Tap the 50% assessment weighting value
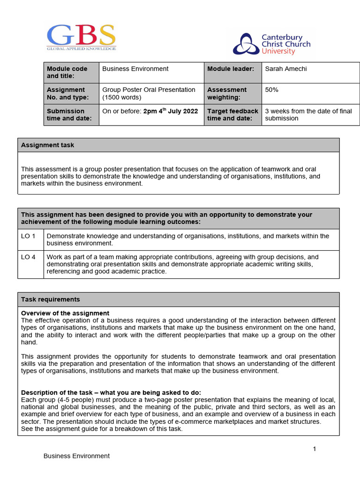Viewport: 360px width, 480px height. (x=272, y=90)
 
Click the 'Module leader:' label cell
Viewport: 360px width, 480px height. (x=231, y=69)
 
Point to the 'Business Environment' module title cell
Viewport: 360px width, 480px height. (x=135, y=69)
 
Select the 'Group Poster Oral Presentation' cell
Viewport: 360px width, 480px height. (x=149, y=93)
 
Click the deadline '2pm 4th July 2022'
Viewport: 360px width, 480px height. (x=171, y=112)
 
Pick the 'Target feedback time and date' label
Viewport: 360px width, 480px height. (x=232, y=115)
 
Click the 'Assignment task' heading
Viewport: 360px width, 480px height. (x=48, y=145)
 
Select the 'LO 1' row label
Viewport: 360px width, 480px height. (x=29, y=236)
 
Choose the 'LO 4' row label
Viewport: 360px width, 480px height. (x=29, y=257)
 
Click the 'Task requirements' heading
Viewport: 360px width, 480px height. (x=51, y=300)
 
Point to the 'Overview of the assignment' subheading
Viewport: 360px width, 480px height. (x=65, y=313)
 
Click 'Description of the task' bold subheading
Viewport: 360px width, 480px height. (x=111, y=392)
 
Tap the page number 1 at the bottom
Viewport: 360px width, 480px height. (x=315, y=449)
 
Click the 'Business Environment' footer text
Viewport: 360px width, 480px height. (x=76, y=456)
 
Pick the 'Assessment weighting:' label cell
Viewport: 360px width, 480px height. (x=227, y=93)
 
